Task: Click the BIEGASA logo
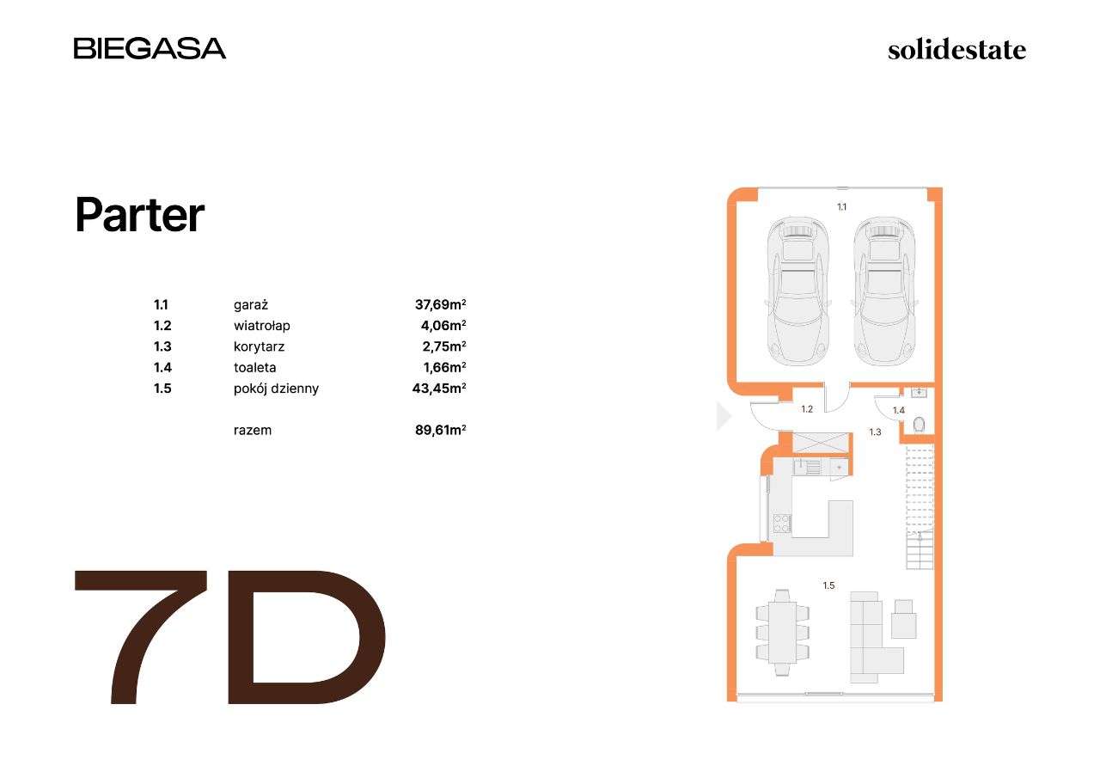[150, 48]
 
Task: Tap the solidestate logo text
[956, 50]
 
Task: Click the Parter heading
[139, 215]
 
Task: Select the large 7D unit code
[230, 637]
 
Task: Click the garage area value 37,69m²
[440, 304]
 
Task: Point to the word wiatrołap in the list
[262, 326]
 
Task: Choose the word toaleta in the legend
[254, 367]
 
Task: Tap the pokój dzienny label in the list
[276, 389]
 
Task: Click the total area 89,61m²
[440, 430]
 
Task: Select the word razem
[252, 430]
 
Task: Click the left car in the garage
[797, 291]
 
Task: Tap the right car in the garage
[884, 291]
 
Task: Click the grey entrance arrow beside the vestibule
[724, 417]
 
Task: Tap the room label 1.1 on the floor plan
[842, 206]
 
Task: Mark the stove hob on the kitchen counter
[781, 523]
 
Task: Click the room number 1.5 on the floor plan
[828, 585]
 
